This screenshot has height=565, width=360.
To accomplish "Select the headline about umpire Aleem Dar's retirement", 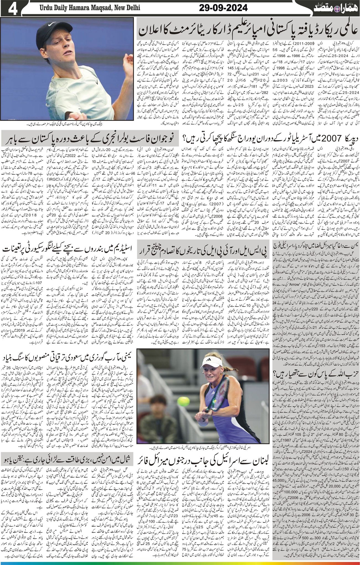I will click(x=248, y=30).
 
